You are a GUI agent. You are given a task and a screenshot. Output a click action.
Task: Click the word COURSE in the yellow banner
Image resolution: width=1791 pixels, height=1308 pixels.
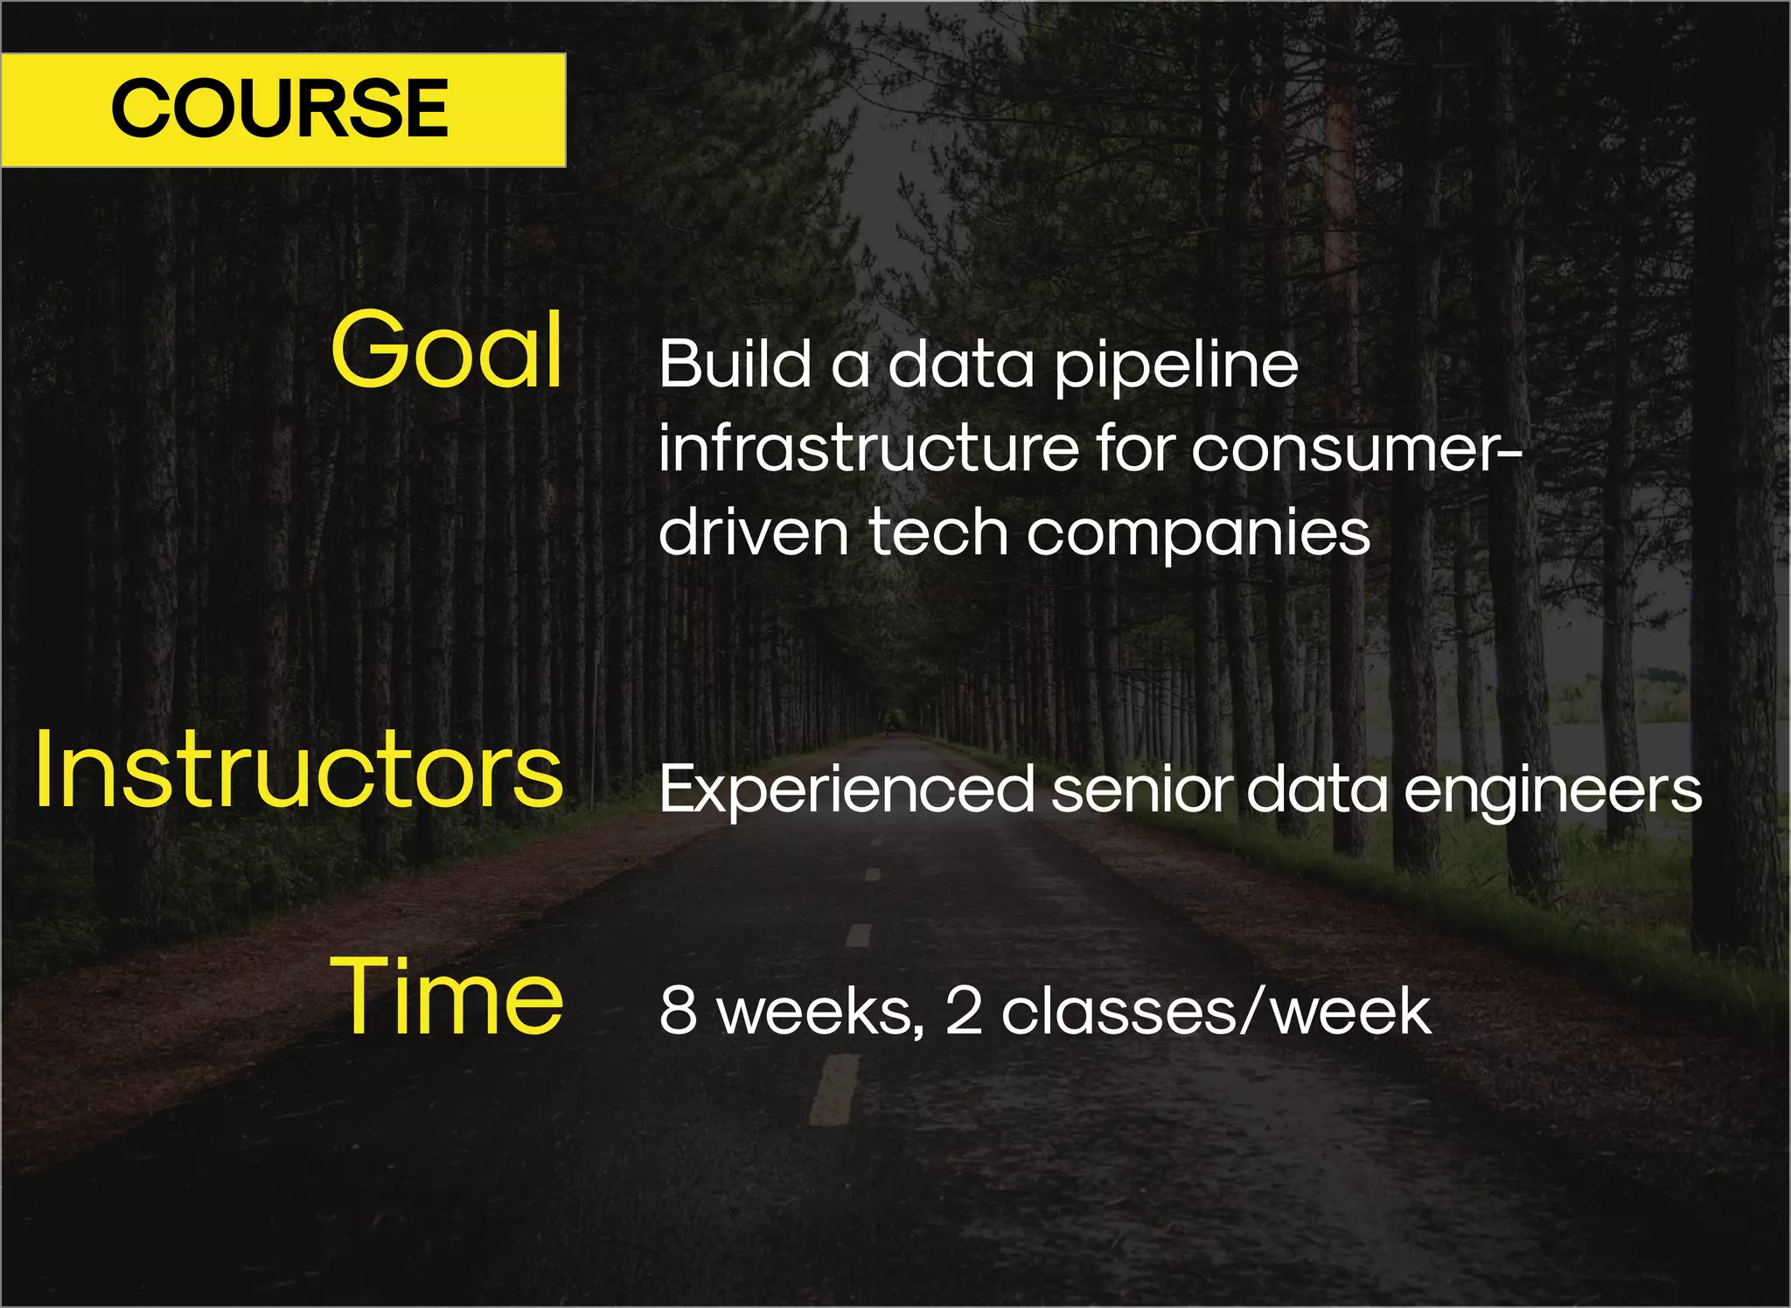(279, 108)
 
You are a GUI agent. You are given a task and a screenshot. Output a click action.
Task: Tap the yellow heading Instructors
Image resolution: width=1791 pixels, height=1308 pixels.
(299, 770)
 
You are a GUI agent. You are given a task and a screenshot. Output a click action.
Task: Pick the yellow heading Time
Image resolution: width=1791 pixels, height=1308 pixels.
(447, 997)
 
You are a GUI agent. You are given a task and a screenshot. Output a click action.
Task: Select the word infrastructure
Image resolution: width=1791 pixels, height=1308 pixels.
(868, 449)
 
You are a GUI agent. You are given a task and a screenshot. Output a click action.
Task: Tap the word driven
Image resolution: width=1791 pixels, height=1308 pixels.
(753, 533)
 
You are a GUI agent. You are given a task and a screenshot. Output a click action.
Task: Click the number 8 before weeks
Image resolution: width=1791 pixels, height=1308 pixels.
(678, 1011)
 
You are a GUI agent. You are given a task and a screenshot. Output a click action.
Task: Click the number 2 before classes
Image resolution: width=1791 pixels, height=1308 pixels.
(964, 1011)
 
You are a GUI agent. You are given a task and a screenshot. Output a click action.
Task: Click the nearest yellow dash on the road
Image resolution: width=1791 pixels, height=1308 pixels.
(834, 1089)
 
